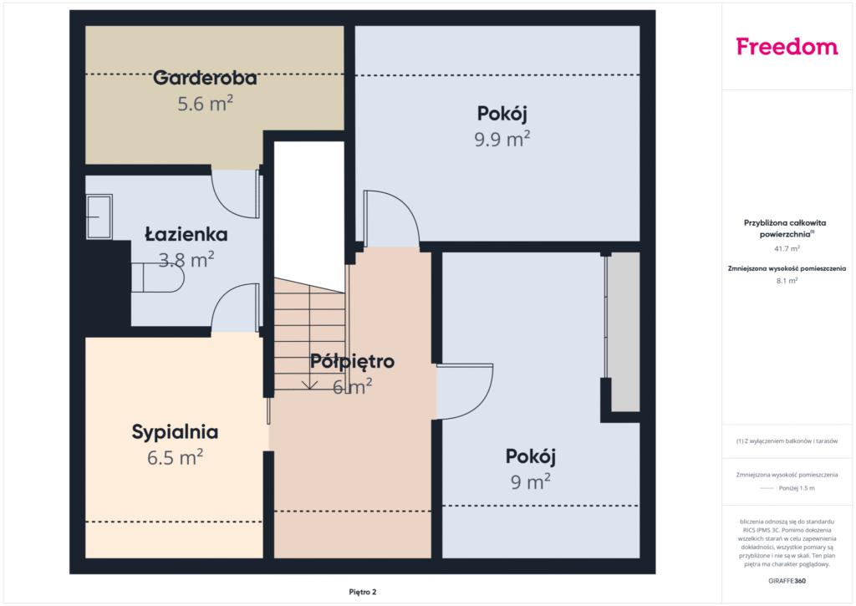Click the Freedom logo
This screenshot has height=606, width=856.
pos(787,47)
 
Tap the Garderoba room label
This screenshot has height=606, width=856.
pos(205,78)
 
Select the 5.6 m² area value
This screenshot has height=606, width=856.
pos(206,103)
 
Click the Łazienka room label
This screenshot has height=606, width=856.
pos(186,234)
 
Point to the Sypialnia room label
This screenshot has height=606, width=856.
pos(175,432)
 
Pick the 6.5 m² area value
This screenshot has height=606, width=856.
pos(175,457)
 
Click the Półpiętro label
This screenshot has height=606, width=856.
pos(352,361)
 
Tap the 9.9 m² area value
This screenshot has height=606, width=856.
pos(502,139)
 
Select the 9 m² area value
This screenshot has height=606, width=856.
pos(530,481)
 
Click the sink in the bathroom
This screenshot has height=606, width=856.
pos(99,216)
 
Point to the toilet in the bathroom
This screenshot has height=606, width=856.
pos(157,278)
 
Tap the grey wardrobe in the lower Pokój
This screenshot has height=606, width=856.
pos(624,331)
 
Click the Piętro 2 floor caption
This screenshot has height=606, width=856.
pos(363,592)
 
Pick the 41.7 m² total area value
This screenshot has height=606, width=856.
pos(787,248)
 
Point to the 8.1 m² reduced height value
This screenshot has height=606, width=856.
pos(787,281)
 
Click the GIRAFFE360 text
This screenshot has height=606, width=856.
pos(787,581)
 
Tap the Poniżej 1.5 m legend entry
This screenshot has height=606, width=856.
pos(797,488)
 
